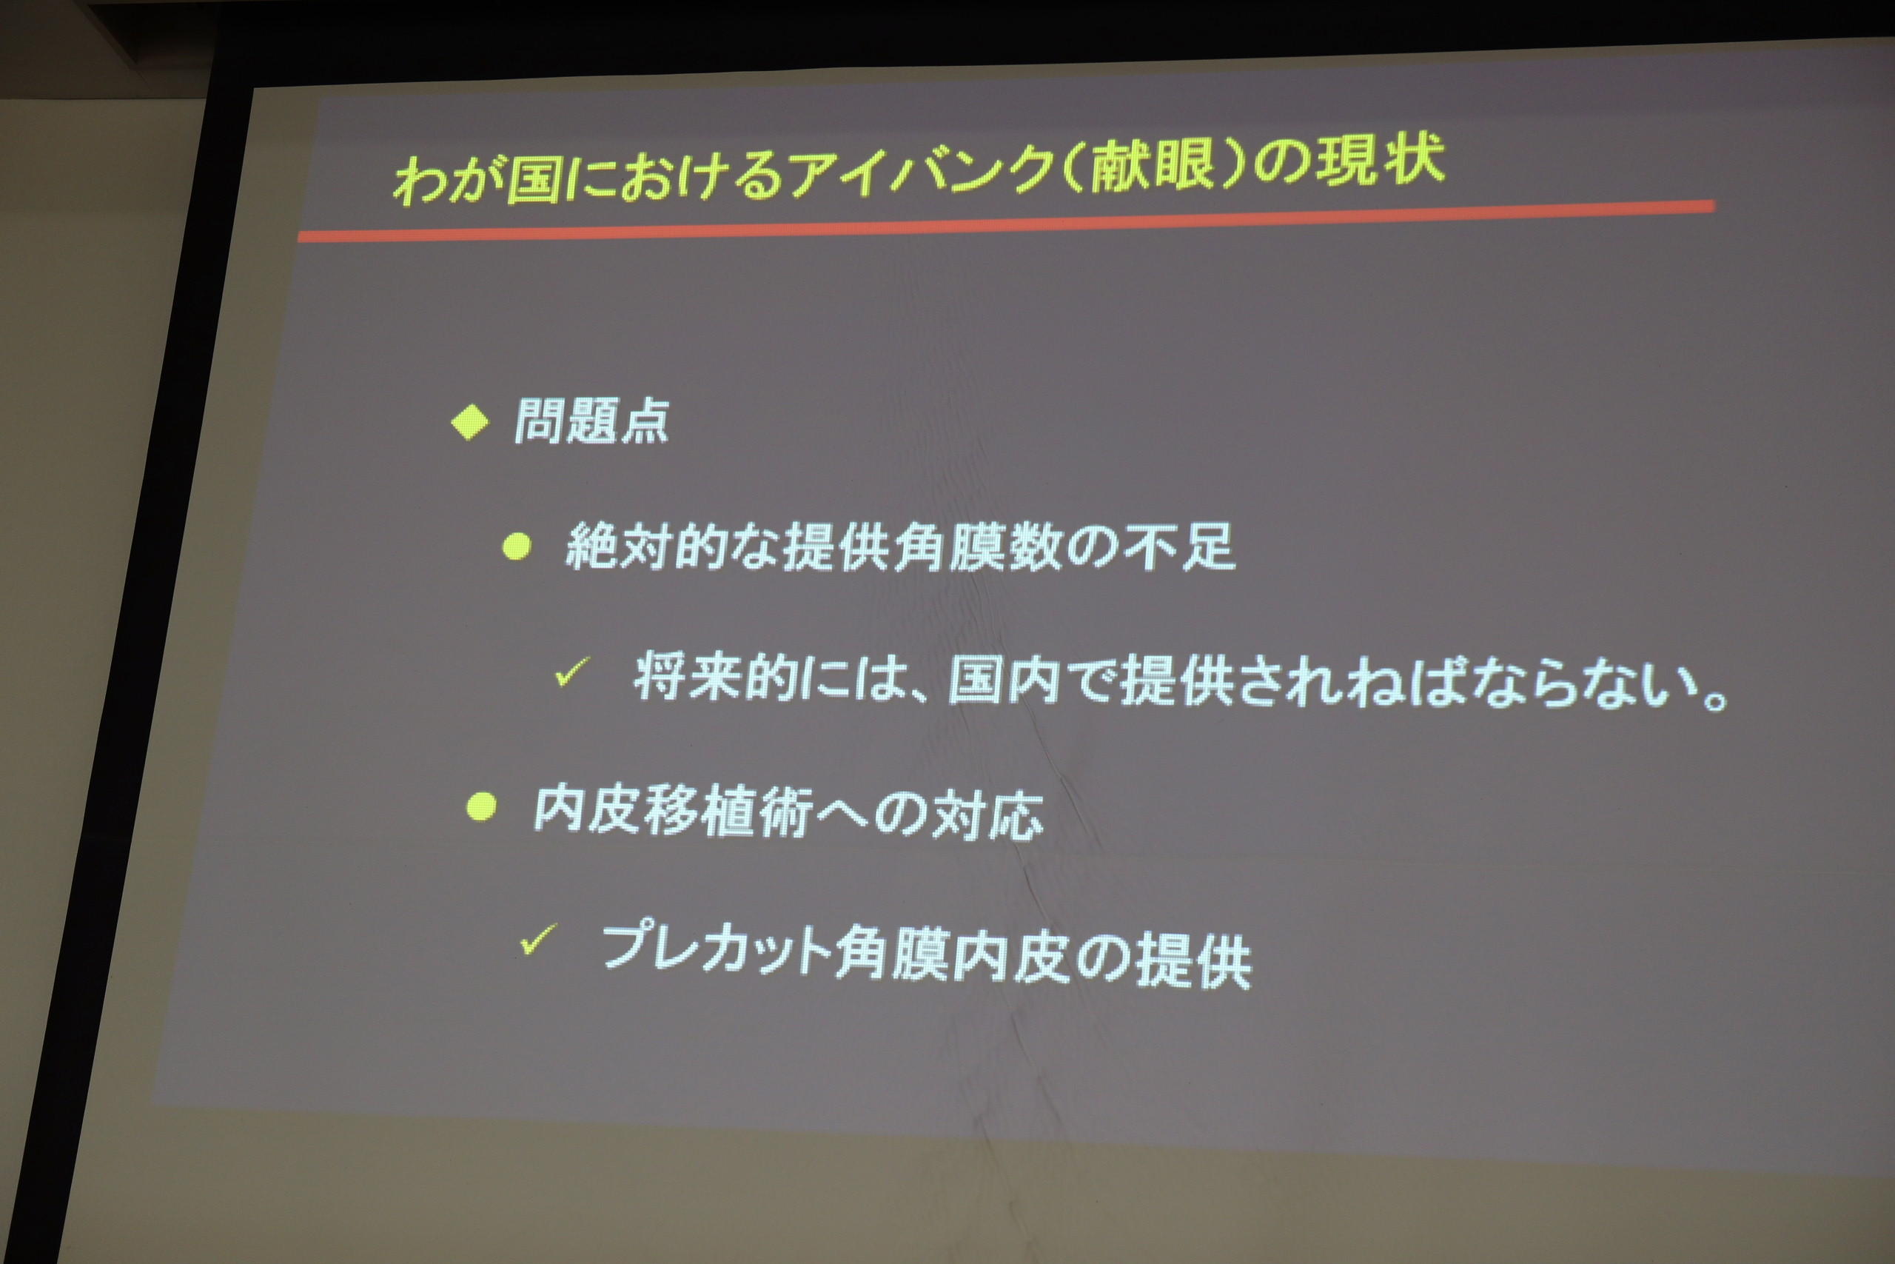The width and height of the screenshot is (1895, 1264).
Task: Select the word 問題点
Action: [591, 421]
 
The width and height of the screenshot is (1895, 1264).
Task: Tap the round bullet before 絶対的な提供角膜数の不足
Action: [517, 547]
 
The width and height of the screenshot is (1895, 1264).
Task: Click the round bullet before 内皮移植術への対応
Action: [481, 807]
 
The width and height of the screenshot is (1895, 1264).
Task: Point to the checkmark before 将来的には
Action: [572, 671]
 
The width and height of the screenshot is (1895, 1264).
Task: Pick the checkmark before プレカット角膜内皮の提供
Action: [538, 939]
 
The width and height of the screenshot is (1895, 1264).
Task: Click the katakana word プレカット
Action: [716, 946]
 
